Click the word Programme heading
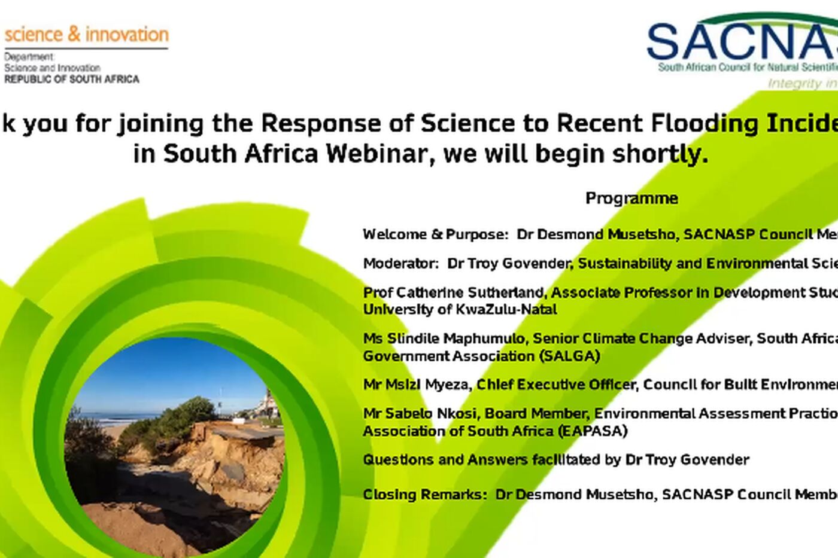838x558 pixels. (631, 199)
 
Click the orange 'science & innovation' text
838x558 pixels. (86, 35)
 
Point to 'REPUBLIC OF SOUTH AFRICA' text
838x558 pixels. (72, 79)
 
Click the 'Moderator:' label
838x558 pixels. (400, 264)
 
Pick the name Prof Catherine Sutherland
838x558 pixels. (454, 292)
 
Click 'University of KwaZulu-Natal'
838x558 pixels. (460, 309)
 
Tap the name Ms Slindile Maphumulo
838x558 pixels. (444, 339)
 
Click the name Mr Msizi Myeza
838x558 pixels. (415, 385)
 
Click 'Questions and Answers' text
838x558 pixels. (445, 460)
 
